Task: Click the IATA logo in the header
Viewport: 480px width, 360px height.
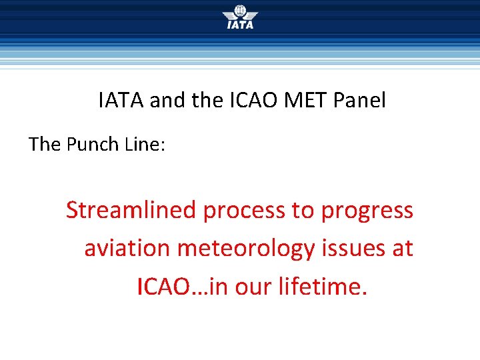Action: (x=239, y=17)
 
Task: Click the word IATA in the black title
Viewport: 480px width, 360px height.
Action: (x=121, y=101)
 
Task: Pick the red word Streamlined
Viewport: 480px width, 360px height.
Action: (x=131, y=210)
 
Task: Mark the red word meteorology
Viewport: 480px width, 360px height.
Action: (x=245, y=249)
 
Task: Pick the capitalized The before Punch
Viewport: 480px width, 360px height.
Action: (x=45, y=144)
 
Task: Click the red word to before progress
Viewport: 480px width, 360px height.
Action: (x=304, y=211)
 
